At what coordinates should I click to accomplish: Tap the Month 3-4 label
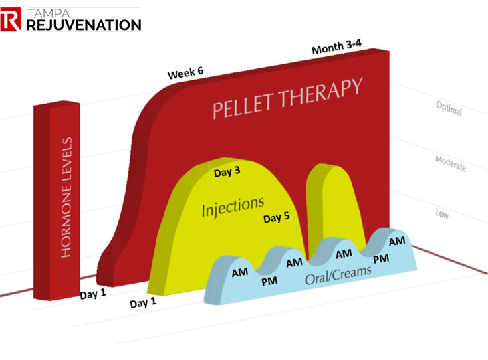point(337,48)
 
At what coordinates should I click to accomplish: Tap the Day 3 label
point(227,173)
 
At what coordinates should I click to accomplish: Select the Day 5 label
point(276,218)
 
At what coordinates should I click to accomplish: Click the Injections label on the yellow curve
point(233,207)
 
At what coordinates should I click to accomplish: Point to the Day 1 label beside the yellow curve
point(142,302)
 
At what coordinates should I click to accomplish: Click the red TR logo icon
point(11,21)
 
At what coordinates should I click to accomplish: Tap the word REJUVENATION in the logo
point(83,25)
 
